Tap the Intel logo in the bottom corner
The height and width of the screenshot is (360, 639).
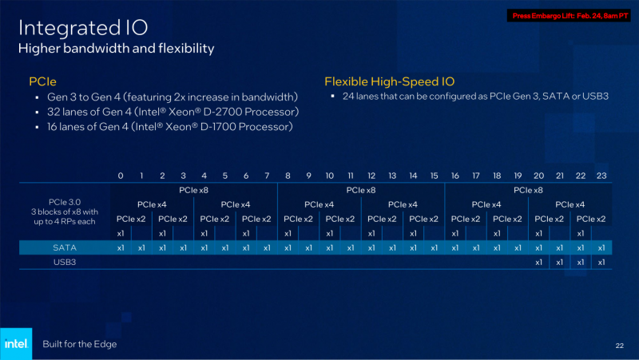(x=16, y=344)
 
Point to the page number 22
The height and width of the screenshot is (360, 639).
(x=619, y=345)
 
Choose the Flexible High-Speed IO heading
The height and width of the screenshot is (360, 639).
(x=389, y=81)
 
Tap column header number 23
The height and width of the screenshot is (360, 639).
(x=601, y=176)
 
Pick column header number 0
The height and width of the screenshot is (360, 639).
(x=121, y=176)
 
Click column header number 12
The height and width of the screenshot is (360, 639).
(x=371, y=176)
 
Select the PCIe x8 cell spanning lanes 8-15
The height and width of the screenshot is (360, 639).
(x=360, y=190)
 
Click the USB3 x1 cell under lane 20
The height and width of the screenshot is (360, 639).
(x=538, y=262)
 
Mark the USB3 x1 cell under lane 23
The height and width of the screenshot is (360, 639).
(x=601, y=262)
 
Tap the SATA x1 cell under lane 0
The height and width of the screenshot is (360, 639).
(x=121, y=247)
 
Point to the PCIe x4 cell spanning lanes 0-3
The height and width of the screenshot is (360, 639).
(x=152, y=204)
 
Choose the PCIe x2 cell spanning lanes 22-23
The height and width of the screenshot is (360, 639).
(x=590, y=219)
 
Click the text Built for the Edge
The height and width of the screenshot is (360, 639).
(x=80, y=344)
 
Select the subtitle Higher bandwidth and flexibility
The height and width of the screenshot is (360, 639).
(x=117, y=49)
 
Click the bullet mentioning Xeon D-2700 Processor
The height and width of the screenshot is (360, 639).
(x=173, y=112)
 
